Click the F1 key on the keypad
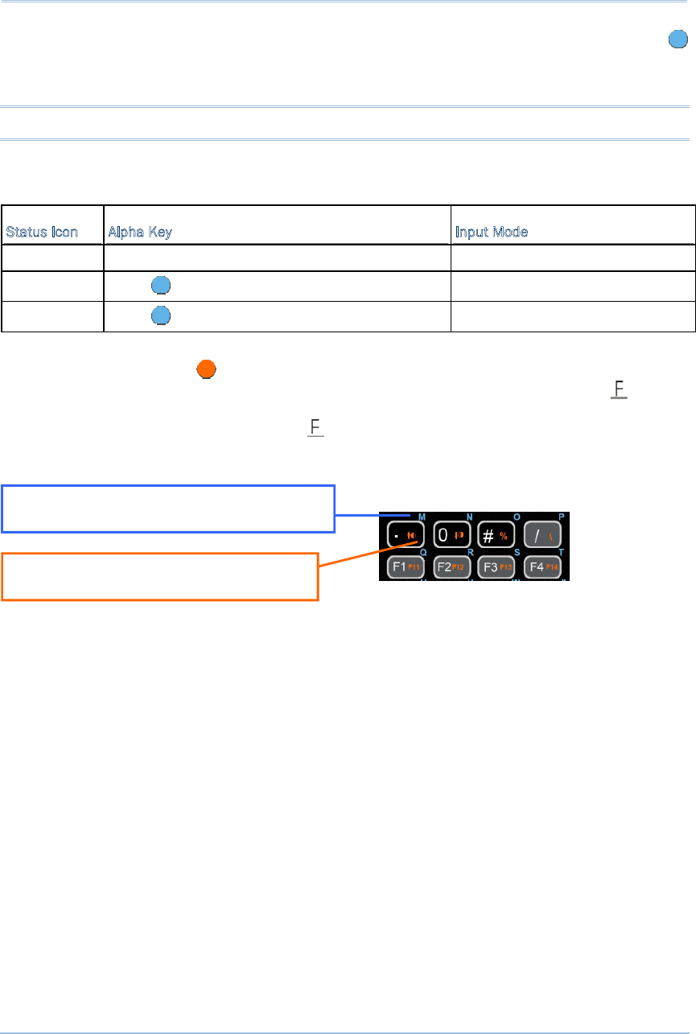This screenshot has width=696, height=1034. pos(403,566)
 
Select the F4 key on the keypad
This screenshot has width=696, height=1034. pos(542,566)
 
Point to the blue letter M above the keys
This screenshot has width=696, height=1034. pos(422,516)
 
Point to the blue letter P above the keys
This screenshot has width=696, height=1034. pos(562,516)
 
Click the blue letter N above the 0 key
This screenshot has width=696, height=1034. pos(469,516)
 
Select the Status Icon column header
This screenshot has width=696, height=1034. pos(43,233)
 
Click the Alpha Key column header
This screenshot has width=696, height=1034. pos(140,233)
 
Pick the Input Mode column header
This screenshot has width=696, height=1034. pos(492,233)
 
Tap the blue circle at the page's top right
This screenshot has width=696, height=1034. pos(677,39)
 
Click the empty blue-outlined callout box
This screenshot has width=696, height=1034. pos(167,508)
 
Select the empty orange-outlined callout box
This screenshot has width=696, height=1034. pos(160,576)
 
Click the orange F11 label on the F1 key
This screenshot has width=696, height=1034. pos(414,567)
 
